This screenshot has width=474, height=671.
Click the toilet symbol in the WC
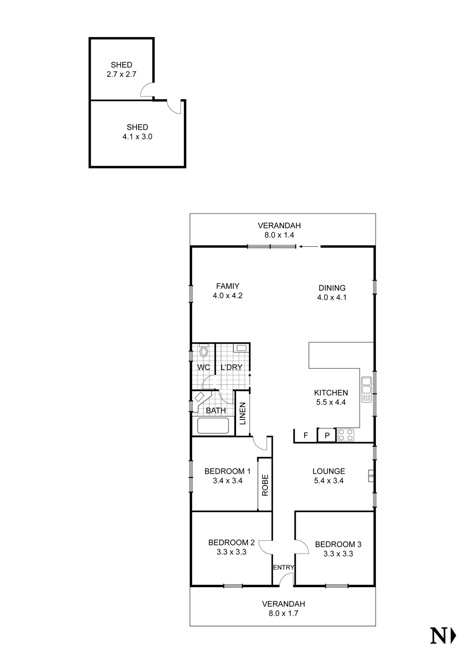203,352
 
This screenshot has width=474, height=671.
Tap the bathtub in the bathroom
213,426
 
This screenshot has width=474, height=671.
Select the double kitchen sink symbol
366,389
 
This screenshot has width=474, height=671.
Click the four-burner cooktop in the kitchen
346,435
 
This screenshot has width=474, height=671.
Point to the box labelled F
306,435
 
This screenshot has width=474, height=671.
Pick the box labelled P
327,435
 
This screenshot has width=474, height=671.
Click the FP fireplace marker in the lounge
371,476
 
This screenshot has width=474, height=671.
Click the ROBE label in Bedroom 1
265,485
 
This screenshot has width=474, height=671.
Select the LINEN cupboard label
243,413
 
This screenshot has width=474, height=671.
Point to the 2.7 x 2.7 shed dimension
121,74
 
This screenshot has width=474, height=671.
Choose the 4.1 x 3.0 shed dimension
137,137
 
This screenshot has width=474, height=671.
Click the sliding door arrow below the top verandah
308,247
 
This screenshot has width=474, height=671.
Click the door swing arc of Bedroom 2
264,547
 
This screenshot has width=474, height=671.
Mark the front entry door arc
287,578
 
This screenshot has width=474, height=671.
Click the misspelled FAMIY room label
227,286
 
